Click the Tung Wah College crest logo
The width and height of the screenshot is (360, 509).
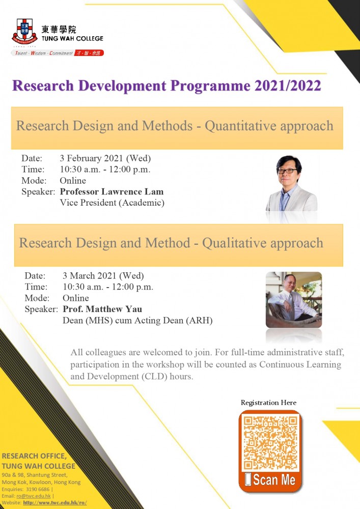[x=24, y=32]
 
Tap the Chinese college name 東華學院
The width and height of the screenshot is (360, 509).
[x=59, y=30]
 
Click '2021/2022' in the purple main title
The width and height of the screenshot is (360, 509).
[x=288, y=86]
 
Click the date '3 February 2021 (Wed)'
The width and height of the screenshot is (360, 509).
[x=105, y=158]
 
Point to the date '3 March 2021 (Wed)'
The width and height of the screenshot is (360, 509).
[x=103, y=276]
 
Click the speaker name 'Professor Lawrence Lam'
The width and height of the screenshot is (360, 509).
[x=112, y=191]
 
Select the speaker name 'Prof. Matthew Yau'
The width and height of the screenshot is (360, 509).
[x=102, y=309]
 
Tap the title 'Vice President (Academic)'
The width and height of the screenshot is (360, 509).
[x=112, y=203]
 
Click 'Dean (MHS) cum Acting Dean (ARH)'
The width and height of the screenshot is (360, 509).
[x=137, y=321]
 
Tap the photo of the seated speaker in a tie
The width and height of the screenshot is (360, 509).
[x=294, y=300]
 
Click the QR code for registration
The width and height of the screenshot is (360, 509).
[x=270, y=443]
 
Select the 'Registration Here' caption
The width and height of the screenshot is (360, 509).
[x=268, y=403]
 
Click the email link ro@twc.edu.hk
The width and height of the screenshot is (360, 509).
[x=34, y=496]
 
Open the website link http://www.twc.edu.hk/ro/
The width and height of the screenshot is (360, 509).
[x=55, y=503]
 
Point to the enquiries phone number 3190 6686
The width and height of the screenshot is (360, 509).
[x=38, y=489]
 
